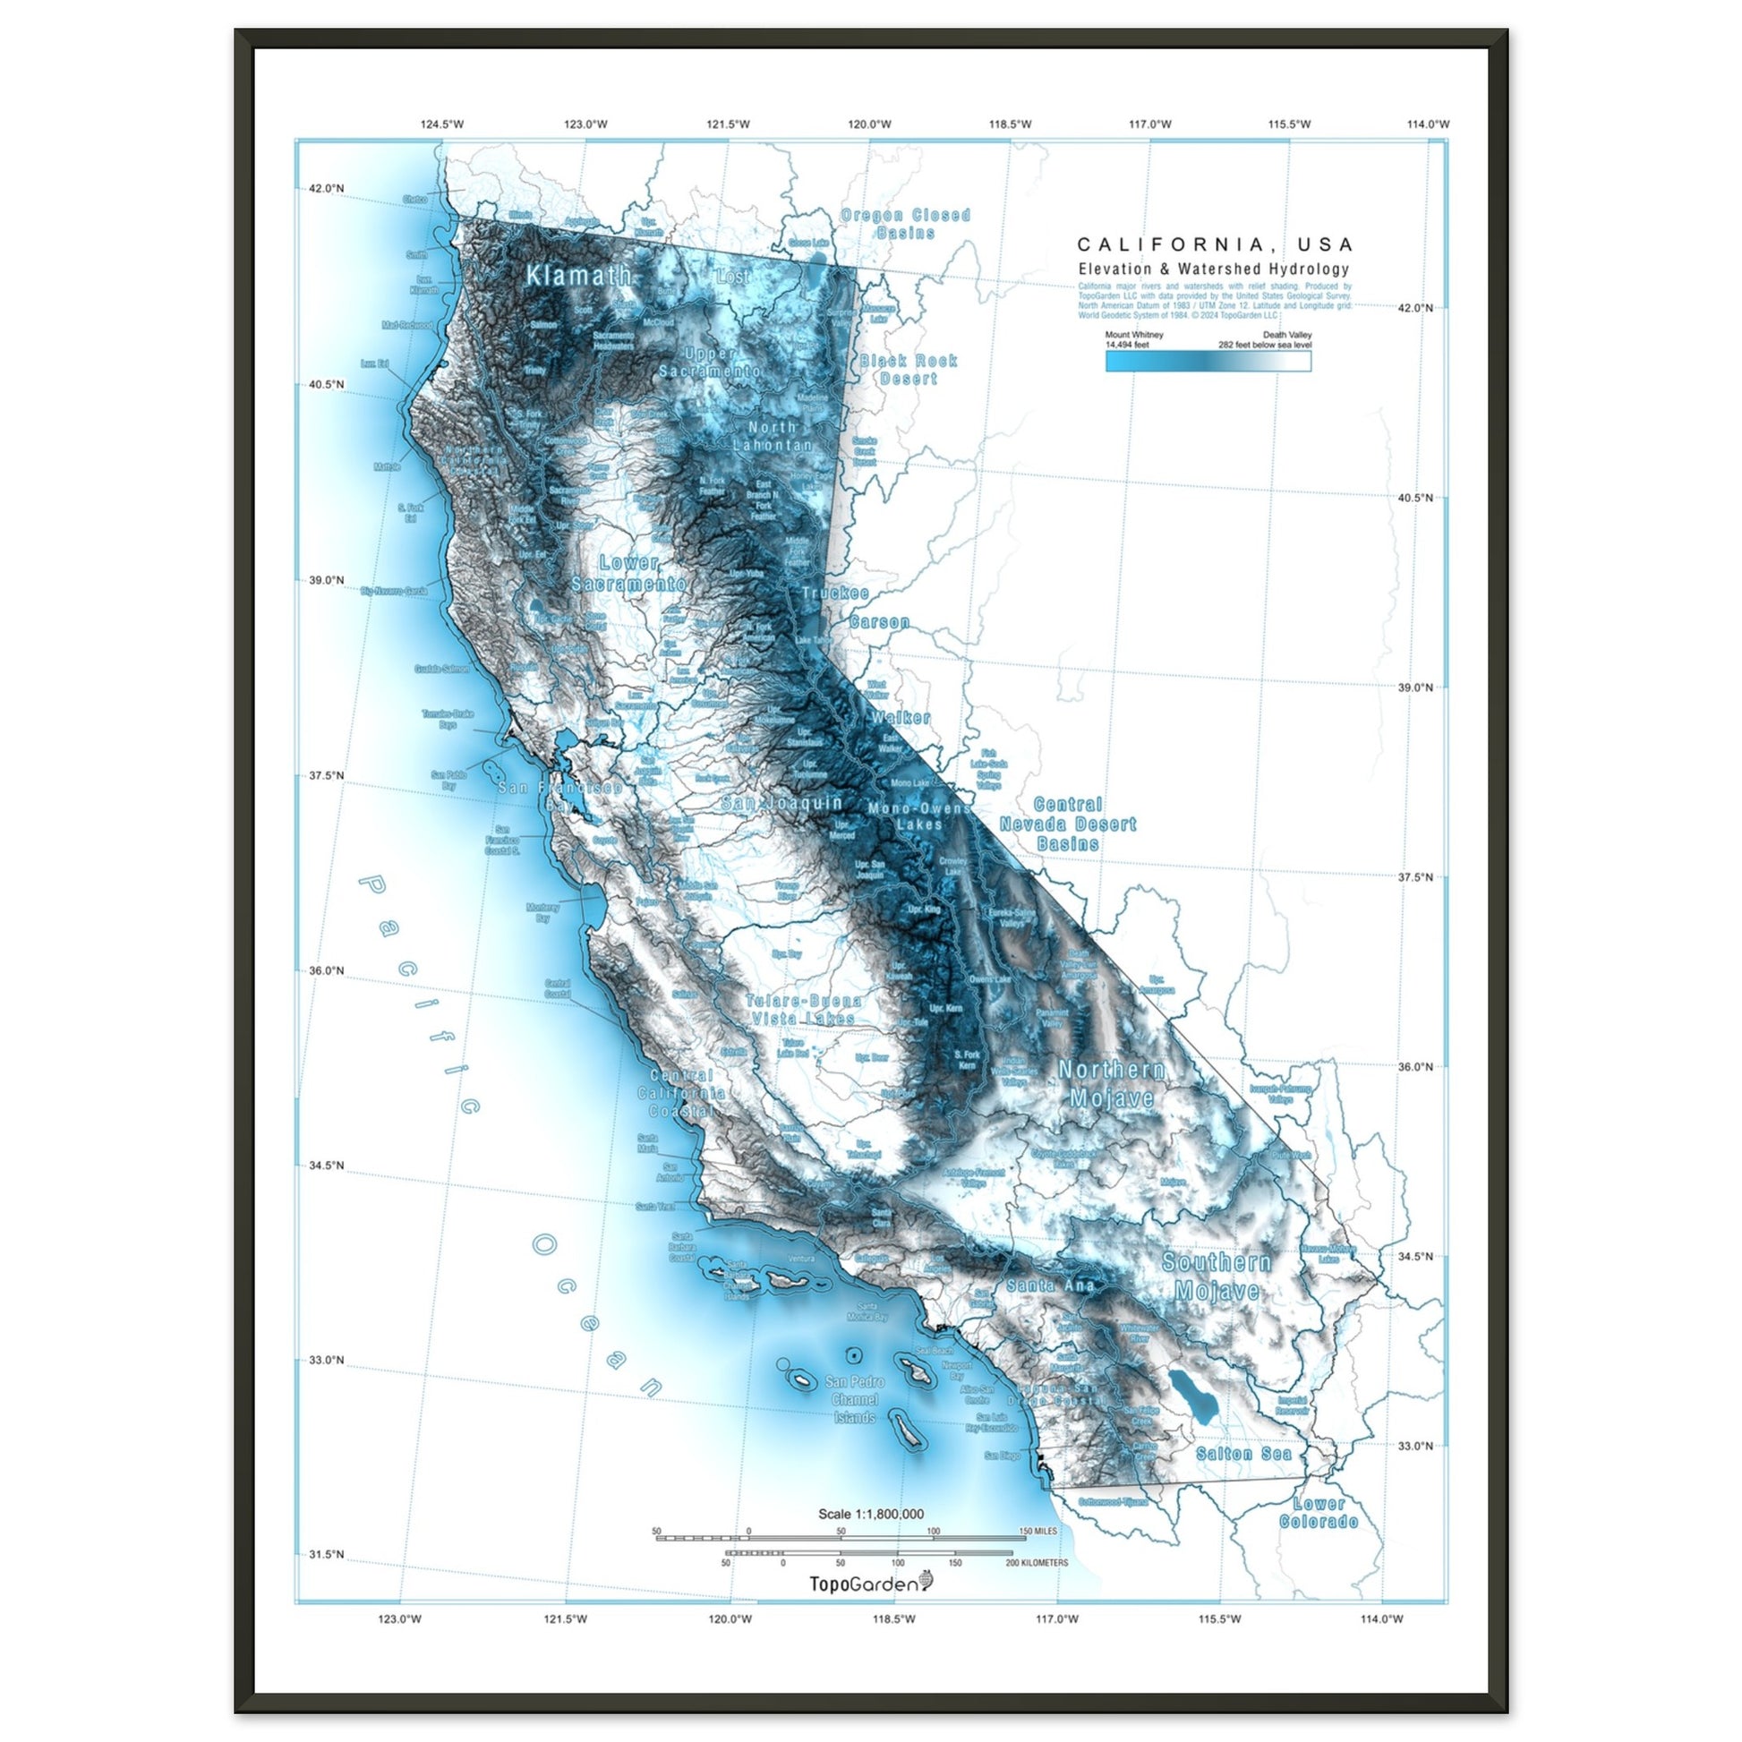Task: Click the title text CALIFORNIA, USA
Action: (1215, 244)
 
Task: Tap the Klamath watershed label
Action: (578, 276)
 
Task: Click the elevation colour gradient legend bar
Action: (1208, 362)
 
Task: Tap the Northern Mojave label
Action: (1111, 1084)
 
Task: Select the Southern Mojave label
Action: (1217, 1277)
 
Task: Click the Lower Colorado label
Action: (1319, 1513)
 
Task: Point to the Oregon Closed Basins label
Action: (905, 224)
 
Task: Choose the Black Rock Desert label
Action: (908, 370)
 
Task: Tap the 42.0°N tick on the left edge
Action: (326, 189)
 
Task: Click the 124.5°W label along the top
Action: (442, 124)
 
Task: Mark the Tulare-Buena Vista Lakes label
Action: (803, 1009)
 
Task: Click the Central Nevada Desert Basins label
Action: (1068, 824)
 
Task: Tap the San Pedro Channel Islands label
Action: (854, 1399)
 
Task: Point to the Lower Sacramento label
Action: (628, 574)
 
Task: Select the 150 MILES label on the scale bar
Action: (1038, 1531)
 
